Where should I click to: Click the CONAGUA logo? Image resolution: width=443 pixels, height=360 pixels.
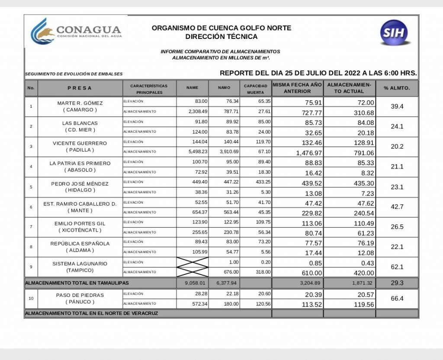(76, 32)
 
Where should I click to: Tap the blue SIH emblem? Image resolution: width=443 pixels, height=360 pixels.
(395, 33)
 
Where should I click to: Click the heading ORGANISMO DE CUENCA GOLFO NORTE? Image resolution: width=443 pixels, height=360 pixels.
(221, 28)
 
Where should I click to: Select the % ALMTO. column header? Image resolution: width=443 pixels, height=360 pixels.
(397, 88)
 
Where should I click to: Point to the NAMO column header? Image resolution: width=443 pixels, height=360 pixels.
(224, 88)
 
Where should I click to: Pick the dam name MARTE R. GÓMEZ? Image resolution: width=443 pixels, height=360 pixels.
(80, 103)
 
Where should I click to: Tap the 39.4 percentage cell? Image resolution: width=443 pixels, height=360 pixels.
(397, 106)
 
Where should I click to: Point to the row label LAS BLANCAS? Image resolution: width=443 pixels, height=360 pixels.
(80, 123)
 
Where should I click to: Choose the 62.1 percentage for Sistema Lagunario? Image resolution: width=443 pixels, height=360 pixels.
(397, 267)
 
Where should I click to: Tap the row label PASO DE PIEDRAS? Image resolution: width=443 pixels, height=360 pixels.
(80, 295)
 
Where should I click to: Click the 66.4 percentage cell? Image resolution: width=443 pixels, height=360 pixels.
(397, 299)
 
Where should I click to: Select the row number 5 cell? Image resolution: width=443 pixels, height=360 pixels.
(31, 187)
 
